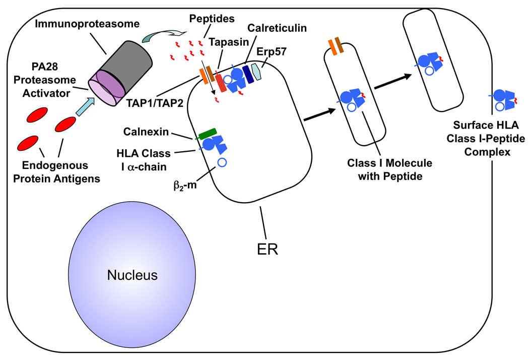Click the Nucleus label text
tap(132, 275)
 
